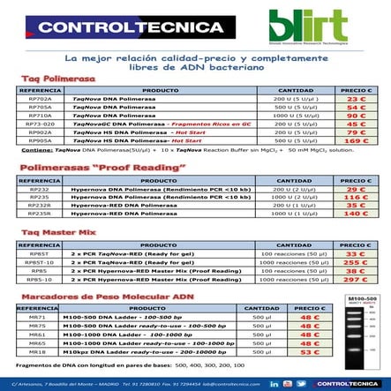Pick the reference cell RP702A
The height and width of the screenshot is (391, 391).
(x=40, y=100)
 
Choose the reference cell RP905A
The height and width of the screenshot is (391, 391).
(x=40, y=139)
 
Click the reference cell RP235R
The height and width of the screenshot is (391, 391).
(x=40, y=213)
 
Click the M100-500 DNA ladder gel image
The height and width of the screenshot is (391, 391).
(x=362, y=331)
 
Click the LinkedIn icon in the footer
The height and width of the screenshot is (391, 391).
(x=274, y=384)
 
